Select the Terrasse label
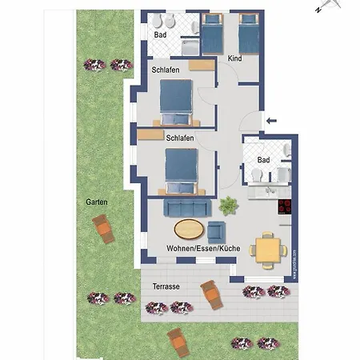tap(166, 286)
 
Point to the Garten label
tap(98, 202)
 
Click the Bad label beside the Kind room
tap(160, 35)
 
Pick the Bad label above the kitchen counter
tap(263, 160)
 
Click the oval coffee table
tap(189, 230)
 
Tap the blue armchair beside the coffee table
tap(216, 232)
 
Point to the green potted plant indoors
tap(229, 206)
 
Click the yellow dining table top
tap(267, 248)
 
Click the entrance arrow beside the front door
tap(270, 121)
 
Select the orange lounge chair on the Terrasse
tap(212, 297)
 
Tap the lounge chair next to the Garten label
tap(104, 232)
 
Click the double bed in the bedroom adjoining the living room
tap(179, 170)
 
